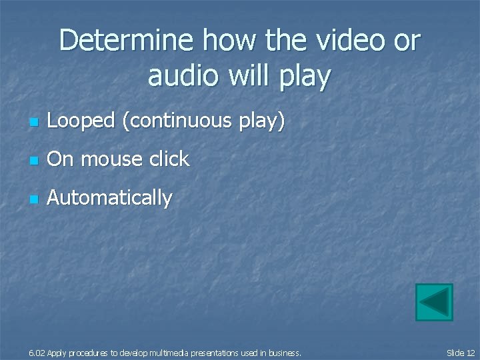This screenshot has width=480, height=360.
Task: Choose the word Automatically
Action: [110, 198]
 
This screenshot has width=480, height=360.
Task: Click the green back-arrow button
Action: [434, 302]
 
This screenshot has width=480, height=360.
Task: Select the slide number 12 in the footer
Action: [471, 353]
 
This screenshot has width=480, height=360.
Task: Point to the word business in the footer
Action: [286, 353]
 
